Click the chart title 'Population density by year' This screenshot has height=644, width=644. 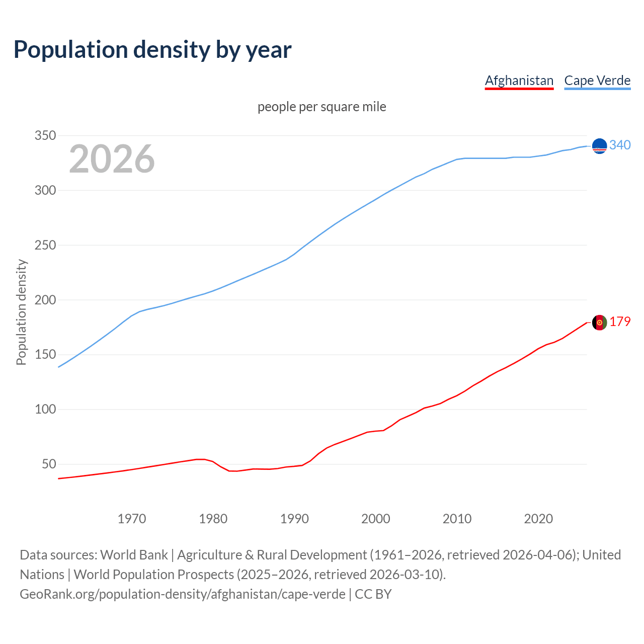point(152,49)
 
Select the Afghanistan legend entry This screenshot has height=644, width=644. point(519,80)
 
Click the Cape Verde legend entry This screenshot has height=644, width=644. point(597,80)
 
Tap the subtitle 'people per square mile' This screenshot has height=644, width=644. point(321,107)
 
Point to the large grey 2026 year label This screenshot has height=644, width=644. point(112,159)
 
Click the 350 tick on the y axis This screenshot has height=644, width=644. point(45,135)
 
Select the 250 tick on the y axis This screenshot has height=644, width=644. point(45,245)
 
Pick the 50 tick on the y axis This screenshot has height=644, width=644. point(48,464)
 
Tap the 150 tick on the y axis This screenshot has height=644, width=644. point(45,354)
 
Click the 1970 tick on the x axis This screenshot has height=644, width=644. point(132,519)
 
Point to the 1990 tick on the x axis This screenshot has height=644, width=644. point(294,519)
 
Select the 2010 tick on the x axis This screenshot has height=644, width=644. point(457,519)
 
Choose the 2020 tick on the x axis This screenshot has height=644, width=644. point(538,519)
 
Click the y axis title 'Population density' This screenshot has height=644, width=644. point(21,312)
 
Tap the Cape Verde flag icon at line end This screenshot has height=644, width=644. point(599,146)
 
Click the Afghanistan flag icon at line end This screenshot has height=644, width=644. point(599,323)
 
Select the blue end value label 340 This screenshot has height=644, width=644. point(620,145)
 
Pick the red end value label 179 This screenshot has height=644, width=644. point(620,321)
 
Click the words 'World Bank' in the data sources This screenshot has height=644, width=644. point(134,554)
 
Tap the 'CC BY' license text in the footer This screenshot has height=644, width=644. point(373,594)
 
